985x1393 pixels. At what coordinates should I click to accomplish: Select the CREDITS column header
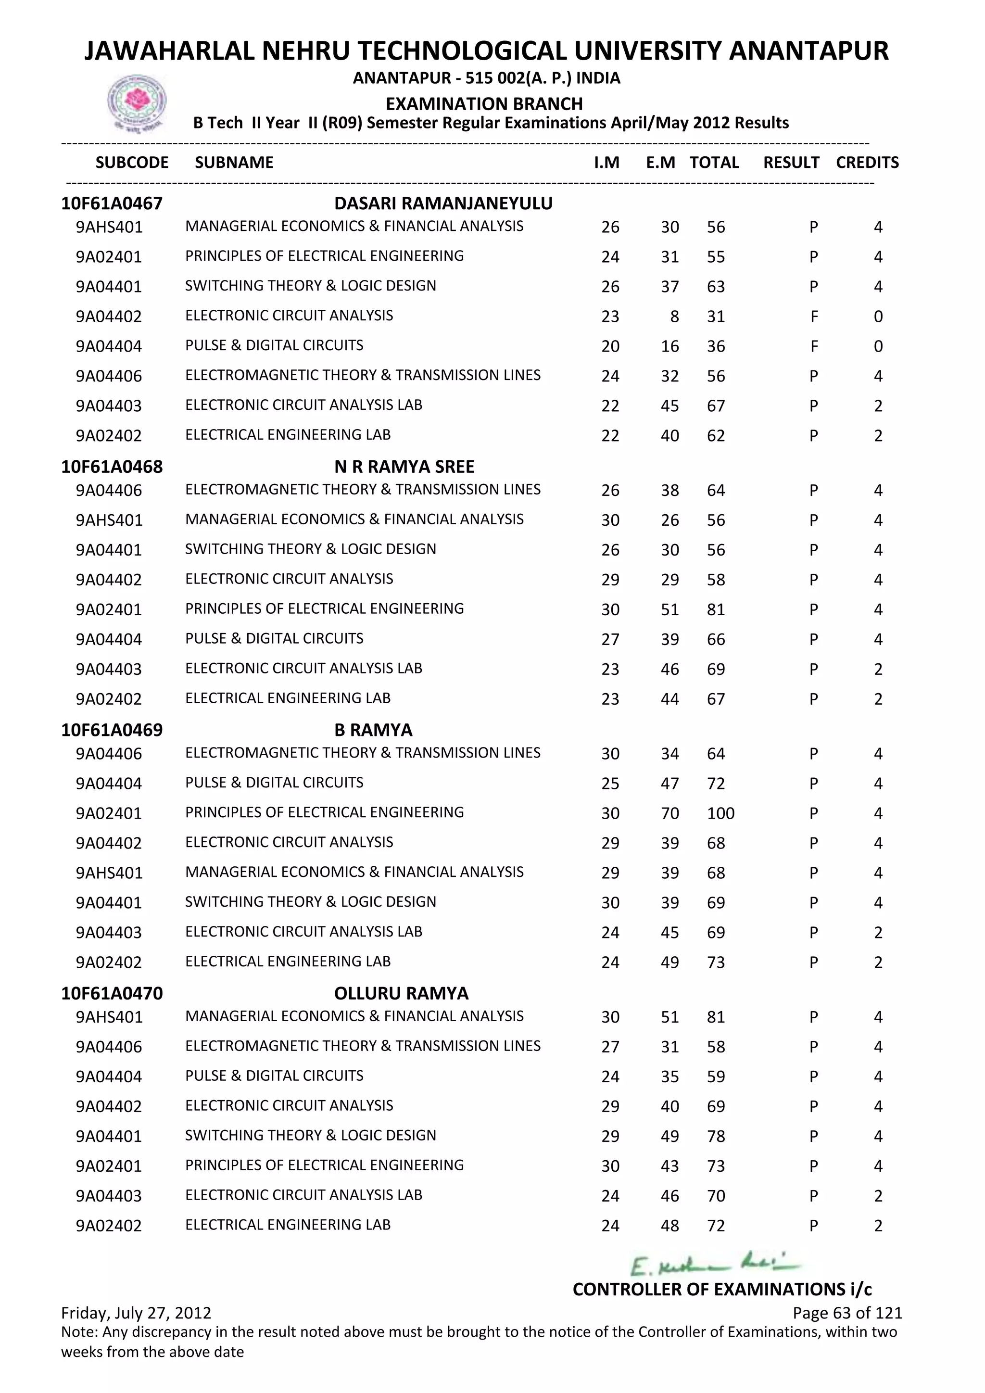click(x=867, y=163)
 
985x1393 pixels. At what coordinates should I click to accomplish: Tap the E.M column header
click(x=660, y=163)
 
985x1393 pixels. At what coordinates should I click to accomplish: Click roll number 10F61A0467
click(x=112, y=203)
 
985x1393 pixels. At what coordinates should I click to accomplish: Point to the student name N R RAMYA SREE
click(x=404, y=467)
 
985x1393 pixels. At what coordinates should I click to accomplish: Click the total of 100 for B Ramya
click(x=720, y=813)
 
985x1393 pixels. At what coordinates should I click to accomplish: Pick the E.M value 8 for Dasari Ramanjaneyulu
click(x=674, y=317)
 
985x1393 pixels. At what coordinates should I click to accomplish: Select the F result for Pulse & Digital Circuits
click(x=813, y=346)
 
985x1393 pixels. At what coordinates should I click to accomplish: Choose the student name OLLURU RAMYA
click(x=401, y=993)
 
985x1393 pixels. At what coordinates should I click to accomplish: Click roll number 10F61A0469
click(x=112, y=730)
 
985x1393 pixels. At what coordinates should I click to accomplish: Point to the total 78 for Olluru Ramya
click(x=716, y=1136)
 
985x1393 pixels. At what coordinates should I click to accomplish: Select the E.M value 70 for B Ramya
click(x=669, y=813)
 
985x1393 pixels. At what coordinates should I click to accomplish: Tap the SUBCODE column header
click(x=132, y=163)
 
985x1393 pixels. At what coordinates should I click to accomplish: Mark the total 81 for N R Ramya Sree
click(x=716, y=610)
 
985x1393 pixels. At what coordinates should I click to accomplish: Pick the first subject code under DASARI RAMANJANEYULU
click(x=109, y=228)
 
